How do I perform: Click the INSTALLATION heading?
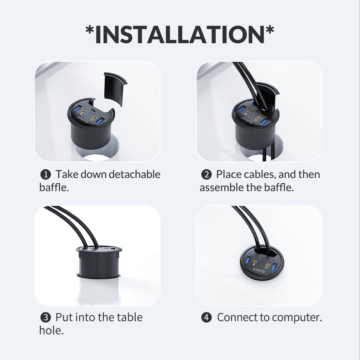point(180,35)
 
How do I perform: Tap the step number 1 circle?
point(45,175)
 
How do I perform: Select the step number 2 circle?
point(206,175)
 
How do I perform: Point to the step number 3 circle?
point(45,317)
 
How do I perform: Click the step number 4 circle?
point(206,317)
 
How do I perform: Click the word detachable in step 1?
point(134,174)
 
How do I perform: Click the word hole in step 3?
point(51,330)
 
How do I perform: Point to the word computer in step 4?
point(297,318)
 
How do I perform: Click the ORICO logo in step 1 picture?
point(82,119)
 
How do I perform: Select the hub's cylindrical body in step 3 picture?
point(99,262)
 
